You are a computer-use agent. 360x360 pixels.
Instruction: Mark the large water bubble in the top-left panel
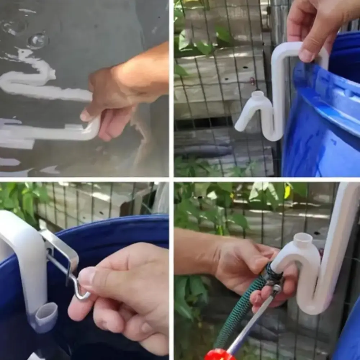coord(37,41)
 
